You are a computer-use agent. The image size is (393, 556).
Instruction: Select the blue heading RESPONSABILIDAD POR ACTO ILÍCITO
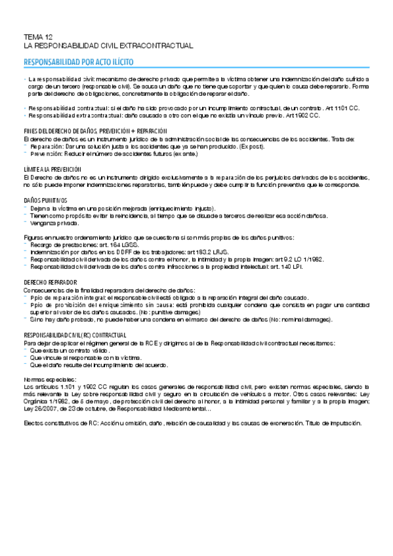(x=78, y=64)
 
